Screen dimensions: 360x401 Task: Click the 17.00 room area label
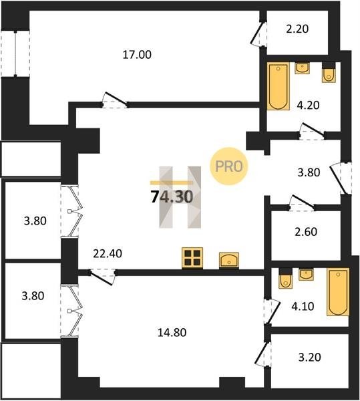click(x=137, y=55)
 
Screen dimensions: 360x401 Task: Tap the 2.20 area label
click(x=297, y=29)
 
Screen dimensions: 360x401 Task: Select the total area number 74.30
click(x=172, y=197)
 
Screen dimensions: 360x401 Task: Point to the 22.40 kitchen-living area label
click(x=108, y=253)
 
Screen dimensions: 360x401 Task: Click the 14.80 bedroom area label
click(x=172, y=332)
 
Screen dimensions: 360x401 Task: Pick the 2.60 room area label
click(x=306, y=232)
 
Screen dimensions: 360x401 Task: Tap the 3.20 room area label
click(x=310, y=357)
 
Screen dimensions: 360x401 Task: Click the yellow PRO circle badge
click(x=229, y=166)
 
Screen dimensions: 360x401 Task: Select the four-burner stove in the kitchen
click(x=192, y=258)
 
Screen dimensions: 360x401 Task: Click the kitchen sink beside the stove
click(x=229, y=261)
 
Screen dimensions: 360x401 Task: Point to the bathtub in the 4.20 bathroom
click(x=279, y=86)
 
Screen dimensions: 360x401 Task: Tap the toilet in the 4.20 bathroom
click(x=329, y=72)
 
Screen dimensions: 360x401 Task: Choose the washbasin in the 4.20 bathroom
click(x=303, y=68)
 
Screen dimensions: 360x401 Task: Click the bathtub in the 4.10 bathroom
click(x=338, y=292)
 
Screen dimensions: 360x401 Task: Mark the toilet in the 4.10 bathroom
click(x=285, y=278)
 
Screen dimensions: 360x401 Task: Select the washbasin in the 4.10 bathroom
click(x=306, y=274)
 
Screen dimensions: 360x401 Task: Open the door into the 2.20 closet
click(x=258, y=34)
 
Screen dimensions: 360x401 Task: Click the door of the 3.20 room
click(x=263, y=355)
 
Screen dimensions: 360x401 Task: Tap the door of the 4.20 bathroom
click(x=312, y=131)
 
